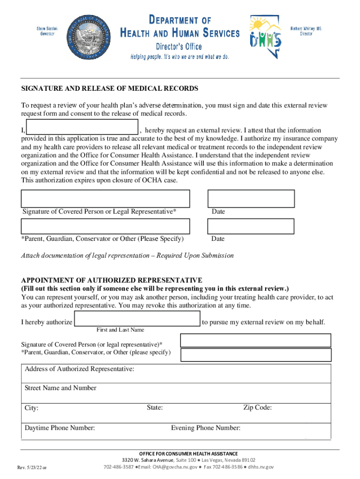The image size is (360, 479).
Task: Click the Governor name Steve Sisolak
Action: pos(46,31)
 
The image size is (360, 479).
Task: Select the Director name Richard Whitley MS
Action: pos(306,31)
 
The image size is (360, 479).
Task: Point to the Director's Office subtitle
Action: pos(179,46)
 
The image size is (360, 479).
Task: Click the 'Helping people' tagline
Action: pos(180,57)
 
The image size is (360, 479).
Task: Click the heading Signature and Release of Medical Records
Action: pos(110,88)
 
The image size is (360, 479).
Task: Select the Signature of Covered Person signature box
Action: pos(105,198)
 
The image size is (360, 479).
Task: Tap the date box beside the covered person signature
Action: pos(251,198)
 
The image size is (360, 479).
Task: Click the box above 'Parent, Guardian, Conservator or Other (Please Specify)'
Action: pos(105,226)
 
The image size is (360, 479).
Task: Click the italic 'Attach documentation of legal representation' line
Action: pos(128,255)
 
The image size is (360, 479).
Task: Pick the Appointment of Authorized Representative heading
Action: pos(112,280)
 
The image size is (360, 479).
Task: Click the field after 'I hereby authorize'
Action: pos(137,319)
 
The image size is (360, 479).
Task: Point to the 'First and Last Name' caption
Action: pos(120,330)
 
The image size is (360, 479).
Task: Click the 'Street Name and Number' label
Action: pos(60,388)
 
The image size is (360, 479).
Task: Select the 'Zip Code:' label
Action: pos(258,407)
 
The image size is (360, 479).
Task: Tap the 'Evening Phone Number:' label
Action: pos(206,428)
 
